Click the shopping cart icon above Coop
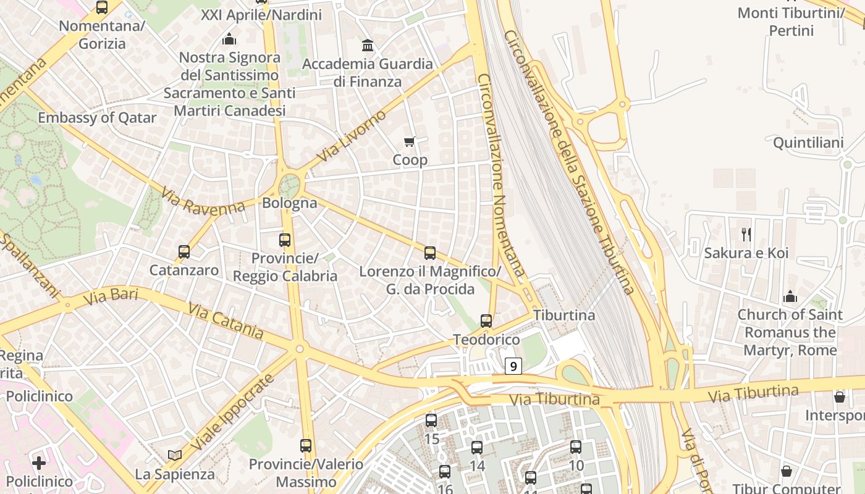pyautogui.click(x=409, y=142)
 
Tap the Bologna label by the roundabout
pyautogui.click(x=290, y=203)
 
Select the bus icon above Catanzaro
pyautogui.click(x=184, y=252)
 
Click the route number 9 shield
pyautogui.click(x=513, y=366)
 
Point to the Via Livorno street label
pyautogui.click(x=351, y=136)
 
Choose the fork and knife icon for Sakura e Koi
pyautogui.click(x=746, y=234)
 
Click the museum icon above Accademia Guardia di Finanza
pyautogui.click(x=368, y=46)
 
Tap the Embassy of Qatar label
pyautogui.click(x=97, y=118)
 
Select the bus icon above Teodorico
pyautogui.click(x=486, y=321)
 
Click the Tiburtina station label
pyautogui.click(x=564, y=315)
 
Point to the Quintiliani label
pyautogui.click(x=808, y=143)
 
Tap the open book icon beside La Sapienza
pyautogui.click(x=175, y=455)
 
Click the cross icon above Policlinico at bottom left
pyautogui.click(x=39, y=463)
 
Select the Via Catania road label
pyautogui.click(x=226, y=320)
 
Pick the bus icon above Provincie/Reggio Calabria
pyautogui.click(x=285, y=240)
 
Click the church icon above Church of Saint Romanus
pyautogui.click(x=790, y=297)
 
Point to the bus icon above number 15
pyautogui.click(x=431, y=421)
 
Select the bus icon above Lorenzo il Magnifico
pyautogui.click(x=430, y=253)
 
